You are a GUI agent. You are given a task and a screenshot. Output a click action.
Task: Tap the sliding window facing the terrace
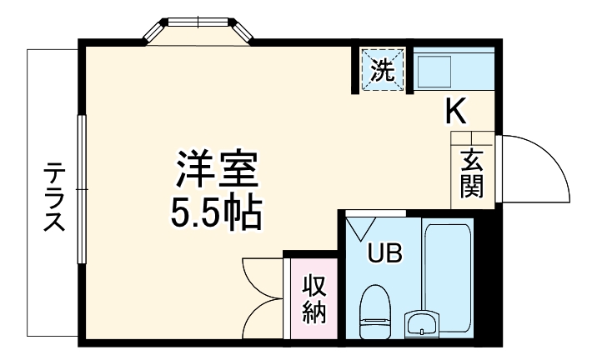tap(82, 191)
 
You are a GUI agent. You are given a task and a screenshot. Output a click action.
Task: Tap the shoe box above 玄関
tap(471, 139)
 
